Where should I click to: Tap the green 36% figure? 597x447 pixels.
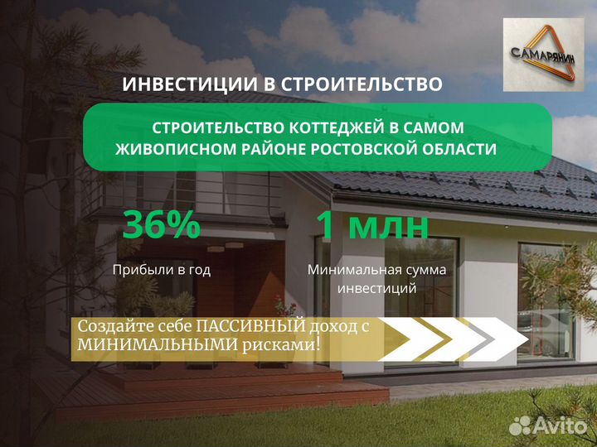pos(161,225)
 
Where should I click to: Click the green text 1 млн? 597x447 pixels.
pos(371,225)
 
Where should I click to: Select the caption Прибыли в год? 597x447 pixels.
pos(162,270)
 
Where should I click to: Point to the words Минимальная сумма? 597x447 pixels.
pos(376,270)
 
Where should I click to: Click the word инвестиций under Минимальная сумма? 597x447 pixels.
pos(376,289)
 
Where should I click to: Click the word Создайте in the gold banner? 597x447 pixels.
pos(108,327)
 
